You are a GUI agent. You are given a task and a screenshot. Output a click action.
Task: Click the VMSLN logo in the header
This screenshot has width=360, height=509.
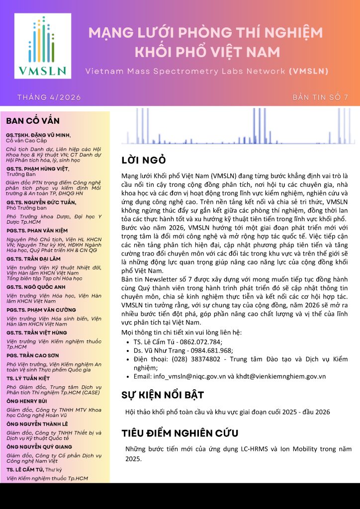41,46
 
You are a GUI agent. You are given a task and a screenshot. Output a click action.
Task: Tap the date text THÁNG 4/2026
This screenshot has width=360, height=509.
49,97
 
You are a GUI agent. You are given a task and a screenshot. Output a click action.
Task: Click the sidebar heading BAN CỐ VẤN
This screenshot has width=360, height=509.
33,121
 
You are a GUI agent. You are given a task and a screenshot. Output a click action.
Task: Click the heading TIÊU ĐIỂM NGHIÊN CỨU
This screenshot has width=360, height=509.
180,432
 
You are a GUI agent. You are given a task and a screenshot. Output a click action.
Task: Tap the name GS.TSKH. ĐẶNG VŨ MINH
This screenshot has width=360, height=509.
38,135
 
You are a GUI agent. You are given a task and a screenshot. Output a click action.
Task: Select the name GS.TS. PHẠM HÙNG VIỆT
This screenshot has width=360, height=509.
38,169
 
